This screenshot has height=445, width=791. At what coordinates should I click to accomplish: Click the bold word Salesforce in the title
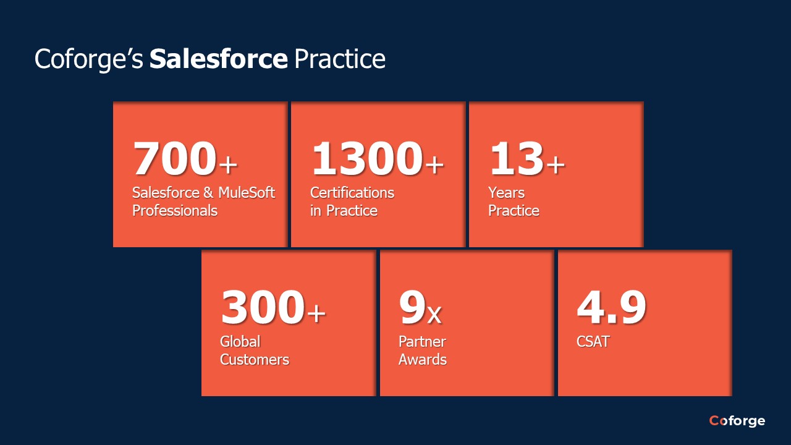[x=218, y=59]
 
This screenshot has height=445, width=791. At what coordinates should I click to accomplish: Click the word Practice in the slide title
[x=339, y=59]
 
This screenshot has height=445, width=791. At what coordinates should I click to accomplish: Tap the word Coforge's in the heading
[x=89, y=59]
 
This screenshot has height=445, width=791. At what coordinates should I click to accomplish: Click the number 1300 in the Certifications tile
[x=366, y=159]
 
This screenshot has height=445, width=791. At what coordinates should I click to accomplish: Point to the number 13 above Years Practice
[x=516, y=159]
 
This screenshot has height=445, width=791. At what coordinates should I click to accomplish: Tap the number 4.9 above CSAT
[x=611, y=308]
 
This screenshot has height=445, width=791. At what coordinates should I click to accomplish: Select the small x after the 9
[x=434, y=315]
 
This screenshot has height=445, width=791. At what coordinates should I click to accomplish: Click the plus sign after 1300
[x=434, y=164]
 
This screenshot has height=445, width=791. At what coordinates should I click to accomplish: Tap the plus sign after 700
[x=228, y=164]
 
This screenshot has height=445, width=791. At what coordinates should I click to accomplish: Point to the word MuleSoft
[x=246, y=193]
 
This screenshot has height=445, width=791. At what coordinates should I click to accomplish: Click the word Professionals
[x=175, y=211]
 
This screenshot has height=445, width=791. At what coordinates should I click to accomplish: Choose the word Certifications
[x=352, y=193]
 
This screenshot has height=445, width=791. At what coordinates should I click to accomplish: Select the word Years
[x=506, y=193]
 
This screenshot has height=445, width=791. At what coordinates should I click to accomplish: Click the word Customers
[x=255, y=360]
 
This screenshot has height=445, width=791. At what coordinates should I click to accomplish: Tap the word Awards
[x=423, y=360]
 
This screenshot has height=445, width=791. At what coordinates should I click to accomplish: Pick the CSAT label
[x=593, y=342]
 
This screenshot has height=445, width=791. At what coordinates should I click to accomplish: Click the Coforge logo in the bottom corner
[x=737, y=421]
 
